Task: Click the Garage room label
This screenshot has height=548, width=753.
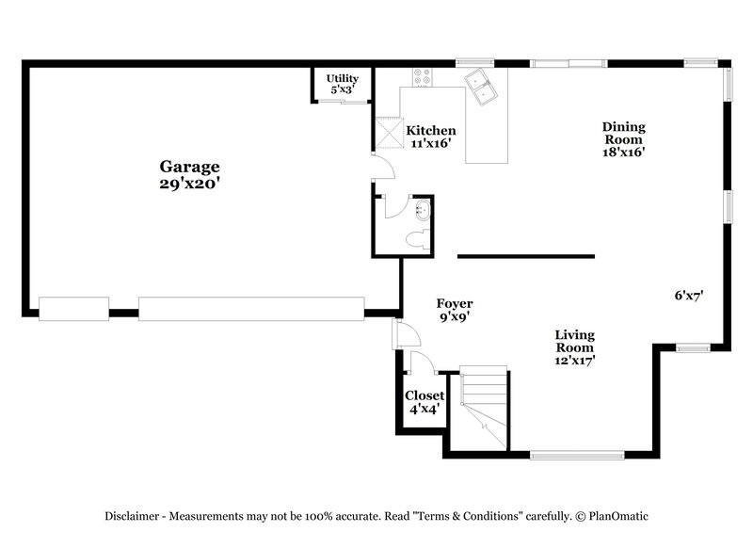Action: (189, 168)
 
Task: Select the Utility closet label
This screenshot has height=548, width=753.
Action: (343, 78)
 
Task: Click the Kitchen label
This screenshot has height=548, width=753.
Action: (431, 131)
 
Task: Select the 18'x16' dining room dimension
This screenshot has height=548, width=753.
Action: (624, 151)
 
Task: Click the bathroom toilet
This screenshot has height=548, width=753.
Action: (414, 243)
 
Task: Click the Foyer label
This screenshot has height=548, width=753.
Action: (455, 303)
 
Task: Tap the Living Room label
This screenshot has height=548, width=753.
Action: (574, 341)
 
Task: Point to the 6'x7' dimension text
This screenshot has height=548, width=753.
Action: (689, 295)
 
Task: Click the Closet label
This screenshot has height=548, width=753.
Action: (425, 396)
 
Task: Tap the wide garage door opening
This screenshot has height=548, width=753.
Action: (251, 308)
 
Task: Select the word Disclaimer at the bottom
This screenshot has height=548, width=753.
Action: (135, 516)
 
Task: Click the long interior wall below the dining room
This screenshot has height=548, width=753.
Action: (525, 256)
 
